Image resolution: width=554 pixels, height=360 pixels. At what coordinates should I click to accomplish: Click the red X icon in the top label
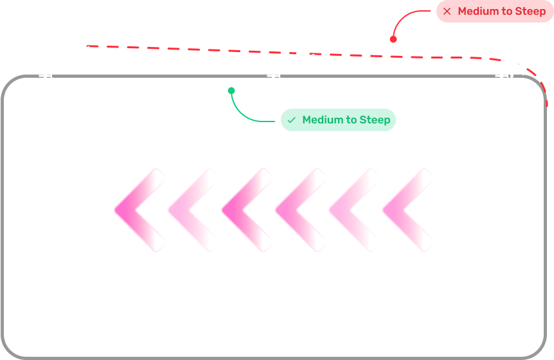[x=447, y=12]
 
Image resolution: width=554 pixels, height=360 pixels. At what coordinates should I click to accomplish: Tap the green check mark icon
[x=292, y=120]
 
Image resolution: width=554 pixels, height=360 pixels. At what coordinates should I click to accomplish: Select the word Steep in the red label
[x=530, y=12]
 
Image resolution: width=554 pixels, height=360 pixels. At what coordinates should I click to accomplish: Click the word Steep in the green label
[x=375, y=120]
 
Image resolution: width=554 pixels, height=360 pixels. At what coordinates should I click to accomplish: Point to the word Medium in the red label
[x=479, y=12]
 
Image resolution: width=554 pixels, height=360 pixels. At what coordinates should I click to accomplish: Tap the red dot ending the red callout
[x=393, y=39]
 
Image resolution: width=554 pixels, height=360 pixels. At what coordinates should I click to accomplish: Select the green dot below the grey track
[x=231, y=91]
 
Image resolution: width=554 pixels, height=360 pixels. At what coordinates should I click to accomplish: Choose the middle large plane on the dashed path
[x=301, y=54]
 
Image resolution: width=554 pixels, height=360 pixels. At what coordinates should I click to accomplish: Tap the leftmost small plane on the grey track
[x=46, y=76]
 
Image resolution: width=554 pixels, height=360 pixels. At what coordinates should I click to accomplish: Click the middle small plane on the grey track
[x=274, y=76]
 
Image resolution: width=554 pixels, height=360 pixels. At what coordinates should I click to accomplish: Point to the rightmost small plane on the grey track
[x=505, y=76]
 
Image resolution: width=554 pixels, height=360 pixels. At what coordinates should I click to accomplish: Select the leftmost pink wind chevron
[x=138, y=210]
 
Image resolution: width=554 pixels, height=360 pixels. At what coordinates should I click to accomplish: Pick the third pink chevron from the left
[x=245, y=210]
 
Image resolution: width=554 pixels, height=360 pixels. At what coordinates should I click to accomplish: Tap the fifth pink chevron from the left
[x=352, y=210]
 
